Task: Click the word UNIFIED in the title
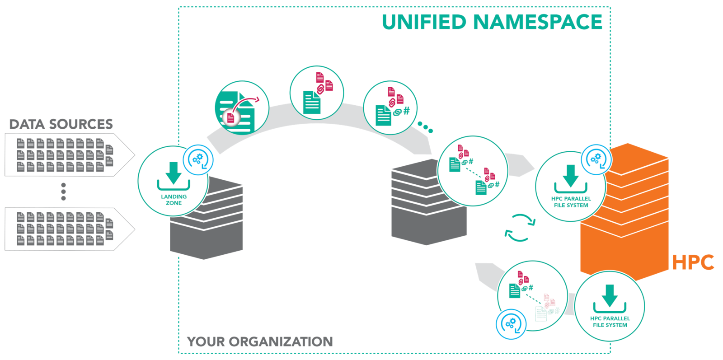click(423, 22)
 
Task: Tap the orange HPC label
click(693, 262)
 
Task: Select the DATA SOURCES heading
click(61, 124)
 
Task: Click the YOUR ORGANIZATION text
click(260, 341)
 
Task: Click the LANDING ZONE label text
click(174, 200)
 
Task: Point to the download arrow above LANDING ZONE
click(174, 174)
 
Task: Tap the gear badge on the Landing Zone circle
click(198, 159)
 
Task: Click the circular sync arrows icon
click(520, 228)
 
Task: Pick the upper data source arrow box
click(68, 154)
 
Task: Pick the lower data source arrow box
click(68, 229)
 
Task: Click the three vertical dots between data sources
click(63, 192)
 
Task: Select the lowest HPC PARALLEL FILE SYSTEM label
click(610, 322)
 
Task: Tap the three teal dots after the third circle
click(425, 127)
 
